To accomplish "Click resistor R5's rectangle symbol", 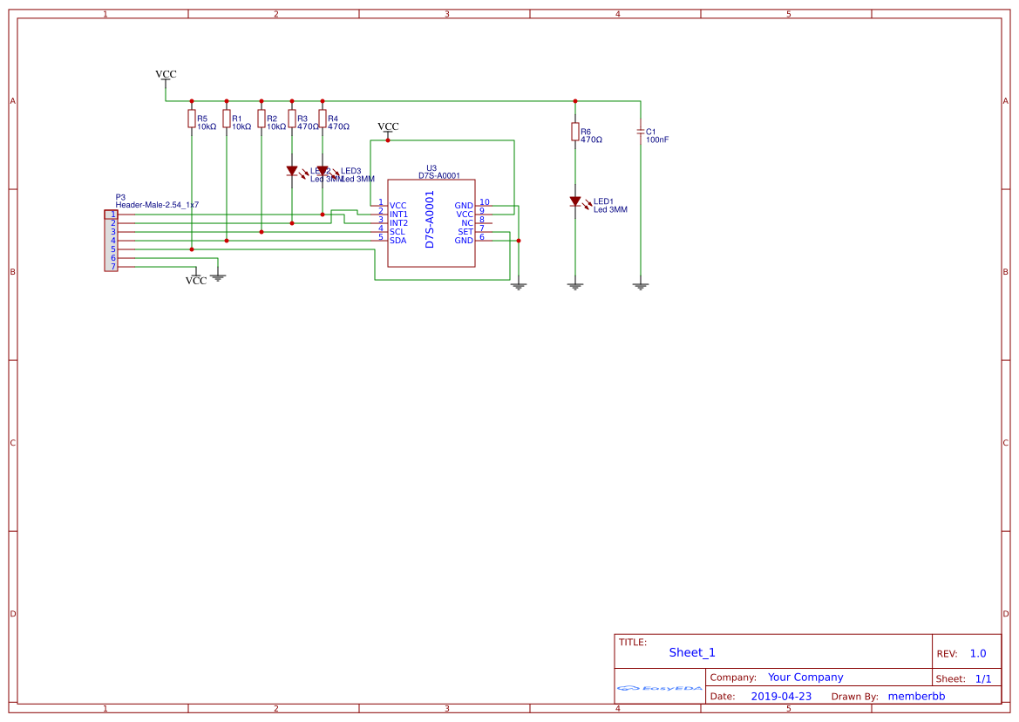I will pyautogui.click(x=191, y=119).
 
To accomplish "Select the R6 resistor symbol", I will pyautogui.click(x=574, y=132).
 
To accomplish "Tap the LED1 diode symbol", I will pyautogui.click(x=574, y=201).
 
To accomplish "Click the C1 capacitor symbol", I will pyautogui.click(x=641, y=132).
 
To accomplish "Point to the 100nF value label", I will pyautogui.click(x=657, y=140).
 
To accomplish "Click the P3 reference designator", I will pyautogui.click(x=120, y=197).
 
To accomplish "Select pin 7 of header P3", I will pyautogui.click(x=112, y=266).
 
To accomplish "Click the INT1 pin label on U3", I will pyautogui.click(x=398, y=214).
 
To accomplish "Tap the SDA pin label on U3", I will pyautogui.click(x=397, y=240).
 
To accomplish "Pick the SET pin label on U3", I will pyautogui.click(x=465, y=231).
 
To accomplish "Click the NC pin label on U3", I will pyautogui.click(x=467, y=222).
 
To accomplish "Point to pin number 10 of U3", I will pyautogui.click(x=485, y=202).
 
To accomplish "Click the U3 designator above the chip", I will pyautogui.click(x=431, y=167).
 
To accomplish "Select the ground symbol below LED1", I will pyautogui.click(x=574, y=285).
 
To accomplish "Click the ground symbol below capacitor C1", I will pyautogui.click(x=641, y=285).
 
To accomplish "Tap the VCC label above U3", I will pyautogui.click(x=388, y=126).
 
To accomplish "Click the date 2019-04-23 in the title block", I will pyautogui.click(x=781, y=696).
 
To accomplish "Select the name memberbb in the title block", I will pyautogui.click(x=916, y=696).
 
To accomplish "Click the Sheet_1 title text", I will pyautogui.click(x=692, y=652).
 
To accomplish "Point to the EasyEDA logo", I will pyautogui.click(x=660, y=688).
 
